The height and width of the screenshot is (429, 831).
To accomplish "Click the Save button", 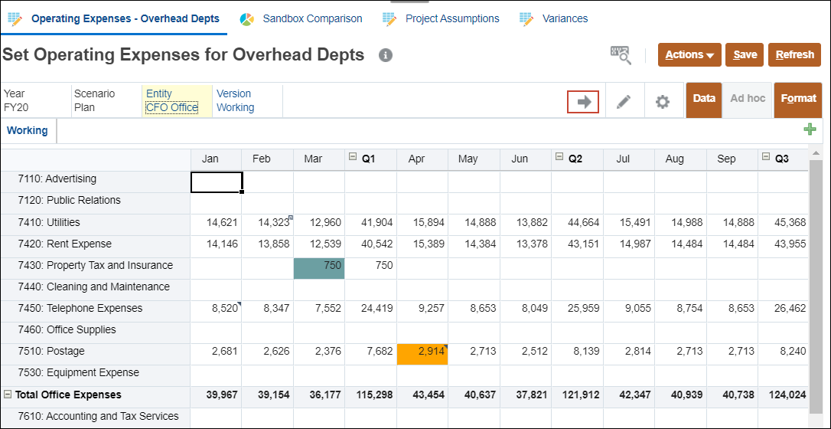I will (x=745, y=55).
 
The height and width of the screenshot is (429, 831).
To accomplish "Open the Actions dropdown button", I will (x=689, y=55).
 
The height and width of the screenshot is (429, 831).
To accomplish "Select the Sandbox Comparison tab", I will (x=311, y=18).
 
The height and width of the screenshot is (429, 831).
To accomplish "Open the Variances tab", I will (x=565, y=18).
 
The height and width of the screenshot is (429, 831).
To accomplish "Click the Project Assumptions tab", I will (x=451, y=18).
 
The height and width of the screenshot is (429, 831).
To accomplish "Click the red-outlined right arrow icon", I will (x=584, y=101).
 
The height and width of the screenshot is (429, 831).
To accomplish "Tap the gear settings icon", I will (x=663, y=101).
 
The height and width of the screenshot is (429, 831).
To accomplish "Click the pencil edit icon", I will (x=624, y=101).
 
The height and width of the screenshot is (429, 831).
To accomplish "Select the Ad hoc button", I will (x=748, y=99).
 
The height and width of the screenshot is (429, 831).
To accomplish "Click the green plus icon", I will (x=810, y=129).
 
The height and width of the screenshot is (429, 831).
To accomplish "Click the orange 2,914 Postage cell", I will (x=422, y=352).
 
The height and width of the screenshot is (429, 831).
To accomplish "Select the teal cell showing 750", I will (x=318, y=266).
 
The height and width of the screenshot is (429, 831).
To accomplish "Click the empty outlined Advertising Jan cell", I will (x=217, y=181).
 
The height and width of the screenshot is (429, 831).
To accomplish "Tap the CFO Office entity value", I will (x=171, y=108).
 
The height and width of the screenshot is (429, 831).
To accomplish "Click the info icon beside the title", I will (x=386, y=55).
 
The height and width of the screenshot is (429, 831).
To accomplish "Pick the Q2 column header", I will (x=575, y=159).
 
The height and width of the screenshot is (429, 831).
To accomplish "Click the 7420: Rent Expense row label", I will (x=79, y=244).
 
